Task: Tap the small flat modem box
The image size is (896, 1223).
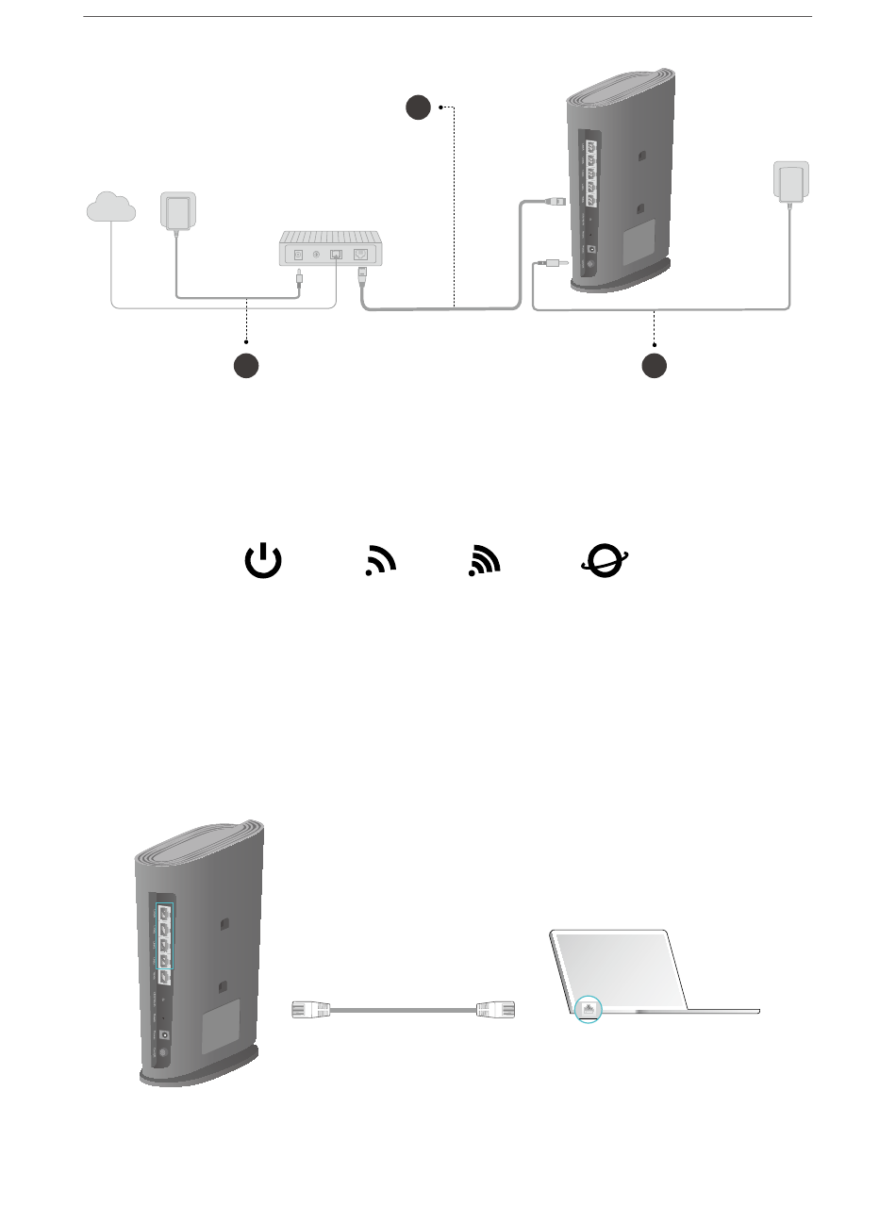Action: tap(329, 251)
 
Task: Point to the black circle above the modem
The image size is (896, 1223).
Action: tap(419, 107)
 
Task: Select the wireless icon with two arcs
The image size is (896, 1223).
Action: tap(380, 561)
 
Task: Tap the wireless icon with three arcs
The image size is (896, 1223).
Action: tap(485, 561)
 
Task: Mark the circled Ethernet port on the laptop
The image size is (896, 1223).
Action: tap(589, 1008)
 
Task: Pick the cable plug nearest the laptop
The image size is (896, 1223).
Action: tap(497, 1009)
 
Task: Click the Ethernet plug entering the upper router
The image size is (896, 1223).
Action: tap(556, 201)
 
